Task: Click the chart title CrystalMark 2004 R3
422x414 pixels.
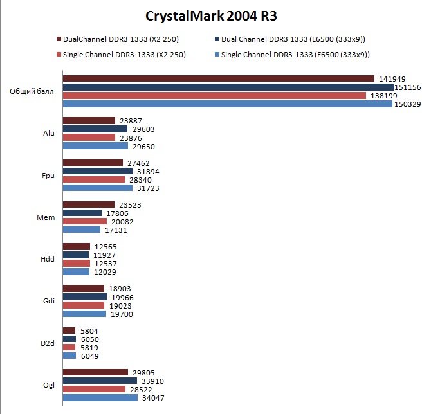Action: coord(211,15)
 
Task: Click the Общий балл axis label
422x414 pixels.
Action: coord(32,91)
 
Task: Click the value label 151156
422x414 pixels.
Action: coord(409,87)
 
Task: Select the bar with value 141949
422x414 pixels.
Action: coord(219,78)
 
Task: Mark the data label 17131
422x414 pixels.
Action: coord(116,230)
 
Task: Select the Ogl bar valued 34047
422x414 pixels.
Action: coord(100,397)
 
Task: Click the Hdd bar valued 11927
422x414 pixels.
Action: coord(76,255)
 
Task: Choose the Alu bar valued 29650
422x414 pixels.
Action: coord(95,146)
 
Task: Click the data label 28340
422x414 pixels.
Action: coord(140,179)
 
